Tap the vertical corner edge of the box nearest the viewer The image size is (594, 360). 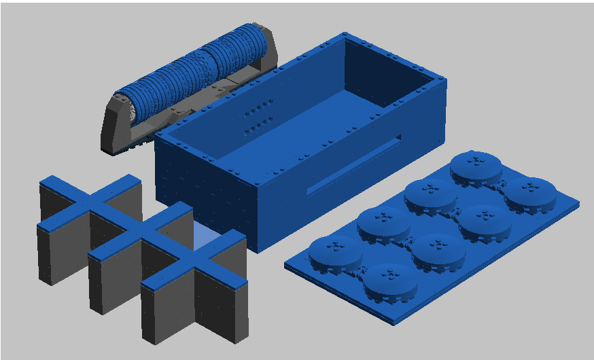pos(259,217)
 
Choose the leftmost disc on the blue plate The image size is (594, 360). pos(334,252)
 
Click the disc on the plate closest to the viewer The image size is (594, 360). pos(389,281)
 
